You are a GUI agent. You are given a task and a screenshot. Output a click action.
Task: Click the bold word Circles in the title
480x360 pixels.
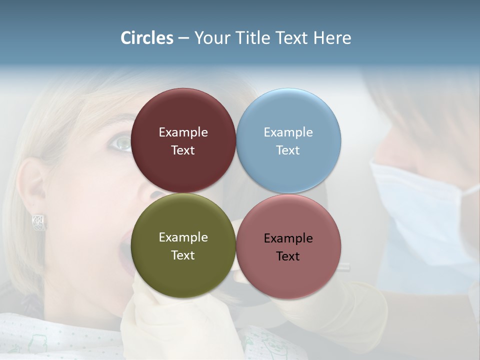[x=147, y=38]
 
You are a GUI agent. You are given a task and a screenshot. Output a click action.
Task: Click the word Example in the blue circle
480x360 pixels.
[x=288, y=132]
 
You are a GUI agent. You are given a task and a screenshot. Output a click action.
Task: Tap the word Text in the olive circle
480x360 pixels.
[x=183, y=255]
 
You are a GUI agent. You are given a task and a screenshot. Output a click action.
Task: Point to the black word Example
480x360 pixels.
[x=288, y=238]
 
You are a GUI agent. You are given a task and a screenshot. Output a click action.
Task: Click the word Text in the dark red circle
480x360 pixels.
[x=183, y=150]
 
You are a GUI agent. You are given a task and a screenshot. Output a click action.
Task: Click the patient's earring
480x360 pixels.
[x=39, y=222]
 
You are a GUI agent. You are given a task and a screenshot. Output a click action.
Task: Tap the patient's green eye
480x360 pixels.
[x=121, y=143]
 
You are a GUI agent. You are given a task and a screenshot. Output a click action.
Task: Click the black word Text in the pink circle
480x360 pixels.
[x=288, y=256]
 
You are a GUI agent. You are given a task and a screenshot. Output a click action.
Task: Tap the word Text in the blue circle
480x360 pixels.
[x=288, y=150]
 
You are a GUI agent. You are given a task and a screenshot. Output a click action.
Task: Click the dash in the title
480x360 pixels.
[x=183, y=38]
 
